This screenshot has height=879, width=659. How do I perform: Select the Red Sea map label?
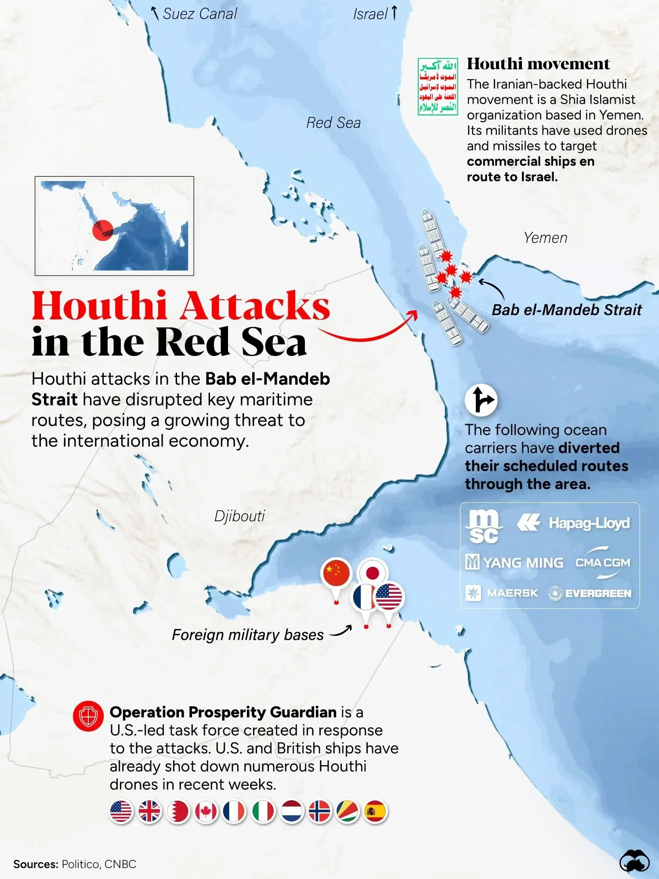click(333, 123)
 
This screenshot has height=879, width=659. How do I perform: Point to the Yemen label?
click(545, 238)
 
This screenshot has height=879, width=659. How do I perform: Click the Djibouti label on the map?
click(239, 516)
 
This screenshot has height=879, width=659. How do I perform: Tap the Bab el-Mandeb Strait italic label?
click(566, 310)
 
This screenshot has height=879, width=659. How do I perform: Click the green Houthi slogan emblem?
click(438, 87)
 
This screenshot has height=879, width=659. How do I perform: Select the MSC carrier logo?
click(484, 526)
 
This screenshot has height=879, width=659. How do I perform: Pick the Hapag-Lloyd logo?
click(574, 523)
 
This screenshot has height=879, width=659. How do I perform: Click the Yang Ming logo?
click(514, 563)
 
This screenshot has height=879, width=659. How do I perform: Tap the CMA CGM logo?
click(603, 563)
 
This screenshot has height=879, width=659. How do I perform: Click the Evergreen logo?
click(590, 593)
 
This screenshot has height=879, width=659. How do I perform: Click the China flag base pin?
click(337, 574)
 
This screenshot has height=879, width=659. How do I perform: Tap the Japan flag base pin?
click(373, 572)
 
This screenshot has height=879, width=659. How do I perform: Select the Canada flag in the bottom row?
click(206, 811)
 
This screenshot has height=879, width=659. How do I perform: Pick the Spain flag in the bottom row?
click(375, 811)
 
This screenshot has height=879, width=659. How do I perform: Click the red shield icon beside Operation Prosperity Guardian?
click(88, 716)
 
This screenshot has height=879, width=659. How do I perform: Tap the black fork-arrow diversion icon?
click(481, 400)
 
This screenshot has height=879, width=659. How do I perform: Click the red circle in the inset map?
click(103, 229)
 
